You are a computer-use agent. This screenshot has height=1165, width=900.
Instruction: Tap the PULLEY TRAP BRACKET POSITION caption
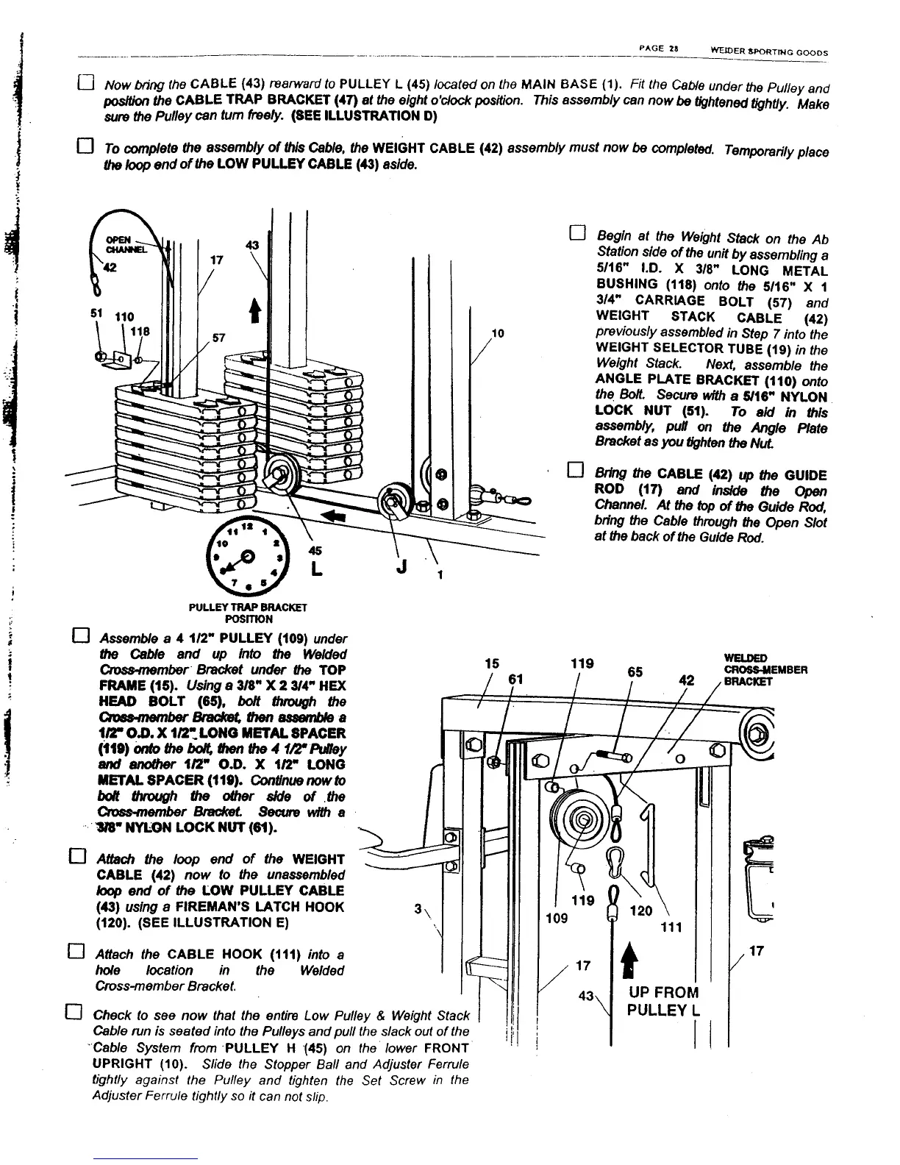247,613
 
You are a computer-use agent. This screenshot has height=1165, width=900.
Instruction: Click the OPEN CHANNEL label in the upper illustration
119,243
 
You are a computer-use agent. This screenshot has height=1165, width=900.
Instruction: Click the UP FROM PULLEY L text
662,1000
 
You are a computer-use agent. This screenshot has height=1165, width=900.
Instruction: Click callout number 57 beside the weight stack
218,338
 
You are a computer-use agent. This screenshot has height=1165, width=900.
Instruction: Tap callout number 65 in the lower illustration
635,671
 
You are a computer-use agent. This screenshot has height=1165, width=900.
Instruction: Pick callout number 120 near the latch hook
642,911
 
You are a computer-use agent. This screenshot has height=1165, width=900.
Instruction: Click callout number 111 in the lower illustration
670,927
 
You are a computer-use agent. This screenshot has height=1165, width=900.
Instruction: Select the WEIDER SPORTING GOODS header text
769,52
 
